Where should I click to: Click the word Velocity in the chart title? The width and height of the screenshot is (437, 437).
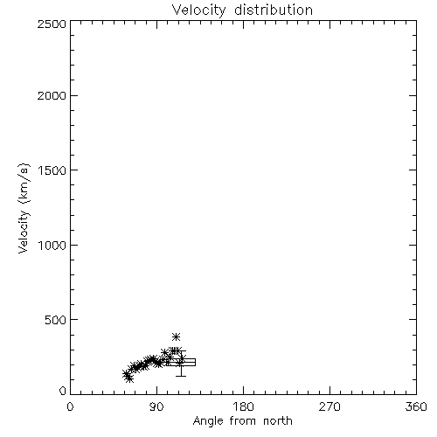[198, 10]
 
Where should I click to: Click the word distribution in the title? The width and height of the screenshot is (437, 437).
[274, 10]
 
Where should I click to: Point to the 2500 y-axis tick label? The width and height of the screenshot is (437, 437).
[52, 24]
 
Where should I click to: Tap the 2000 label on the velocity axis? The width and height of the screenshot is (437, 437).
[52, 96]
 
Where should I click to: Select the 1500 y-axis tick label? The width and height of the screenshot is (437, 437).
[52, 170]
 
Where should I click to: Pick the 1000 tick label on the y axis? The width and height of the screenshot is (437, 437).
[52, 246]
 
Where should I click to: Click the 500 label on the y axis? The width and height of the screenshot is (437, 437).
[56, 320]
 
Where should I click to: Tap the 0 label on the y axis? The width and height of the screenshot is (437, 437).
[63, 391]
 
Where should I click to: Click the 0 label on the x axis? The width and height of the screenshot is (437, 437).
[70, 406]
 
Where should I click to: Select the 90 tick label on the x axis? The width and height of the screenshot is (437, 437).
[156, 406]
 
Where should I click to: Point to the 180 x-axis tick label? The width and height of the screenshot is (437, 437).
[243, 406]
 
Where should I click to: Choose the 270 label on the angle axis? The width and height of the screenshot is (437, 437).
[329, 406]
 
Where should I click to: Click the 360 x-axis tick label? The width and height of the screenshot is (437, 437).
[416, 406]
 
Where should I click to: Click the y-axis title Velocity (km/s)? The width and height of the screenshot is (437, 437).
[24, 208]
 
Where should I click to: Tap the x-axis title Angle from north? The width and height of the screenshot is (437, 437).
[243, 421]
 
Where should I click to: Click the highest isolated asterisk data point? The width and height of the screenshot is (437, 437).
[176, 337]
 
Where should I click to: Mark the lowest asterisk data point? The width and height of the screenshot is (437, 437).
[129, 379]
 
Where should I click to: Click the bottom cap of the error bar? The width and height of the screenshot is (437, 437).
[181, 376]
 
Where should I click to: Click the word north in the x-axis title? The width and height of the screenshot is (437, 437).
[278, 420]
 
